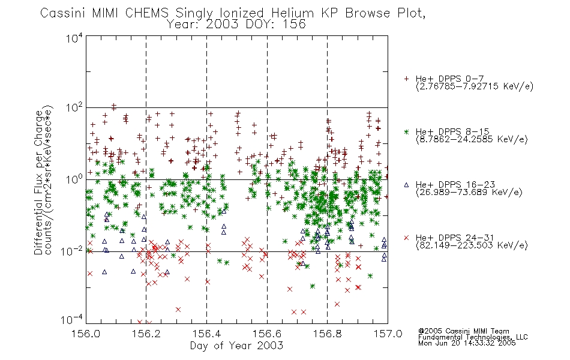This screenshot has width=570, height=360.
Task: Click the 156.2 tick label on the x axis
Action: (146, 334)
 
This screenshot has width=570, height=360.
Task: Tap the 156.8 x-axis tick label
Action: (327, 334)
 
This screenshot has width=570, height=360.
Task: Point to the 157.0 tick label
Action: (388, 334)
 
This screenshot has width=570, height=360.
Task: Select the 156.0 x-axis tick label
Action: (86, 334)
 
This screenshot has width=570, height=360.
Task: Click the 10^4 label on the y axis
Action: (74, 38)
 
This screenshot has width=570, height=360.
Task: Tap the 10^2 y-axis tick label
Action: (74, 108)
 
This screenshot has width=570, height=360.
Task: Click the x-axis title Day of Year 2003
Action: (236, 346)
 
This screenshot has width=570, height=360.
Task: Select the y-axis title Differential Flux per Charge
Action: (38, 182)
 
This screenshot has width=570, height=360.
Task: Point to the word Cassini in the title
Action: (62, 13)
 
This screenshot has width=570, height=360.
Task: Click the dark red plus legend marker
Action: (406, 79)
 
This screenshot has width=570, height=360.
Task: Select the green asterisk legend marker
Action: (406, 131)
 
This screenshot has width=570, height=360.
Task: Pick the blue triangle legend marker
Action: (406, 185)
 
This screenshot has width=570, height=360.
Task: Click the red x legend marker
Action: (406, 238)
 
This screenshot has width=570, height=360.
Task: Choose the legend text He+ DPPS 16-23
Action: (455, 185)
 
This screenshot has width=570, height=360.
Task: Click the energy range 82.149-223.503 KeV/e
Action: (472, 245)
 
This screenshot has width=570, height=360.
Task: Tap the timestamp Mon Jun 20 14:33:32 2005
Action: (467, 343)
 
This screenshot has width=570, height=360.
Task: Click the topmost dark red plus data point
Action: (114, 106)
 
